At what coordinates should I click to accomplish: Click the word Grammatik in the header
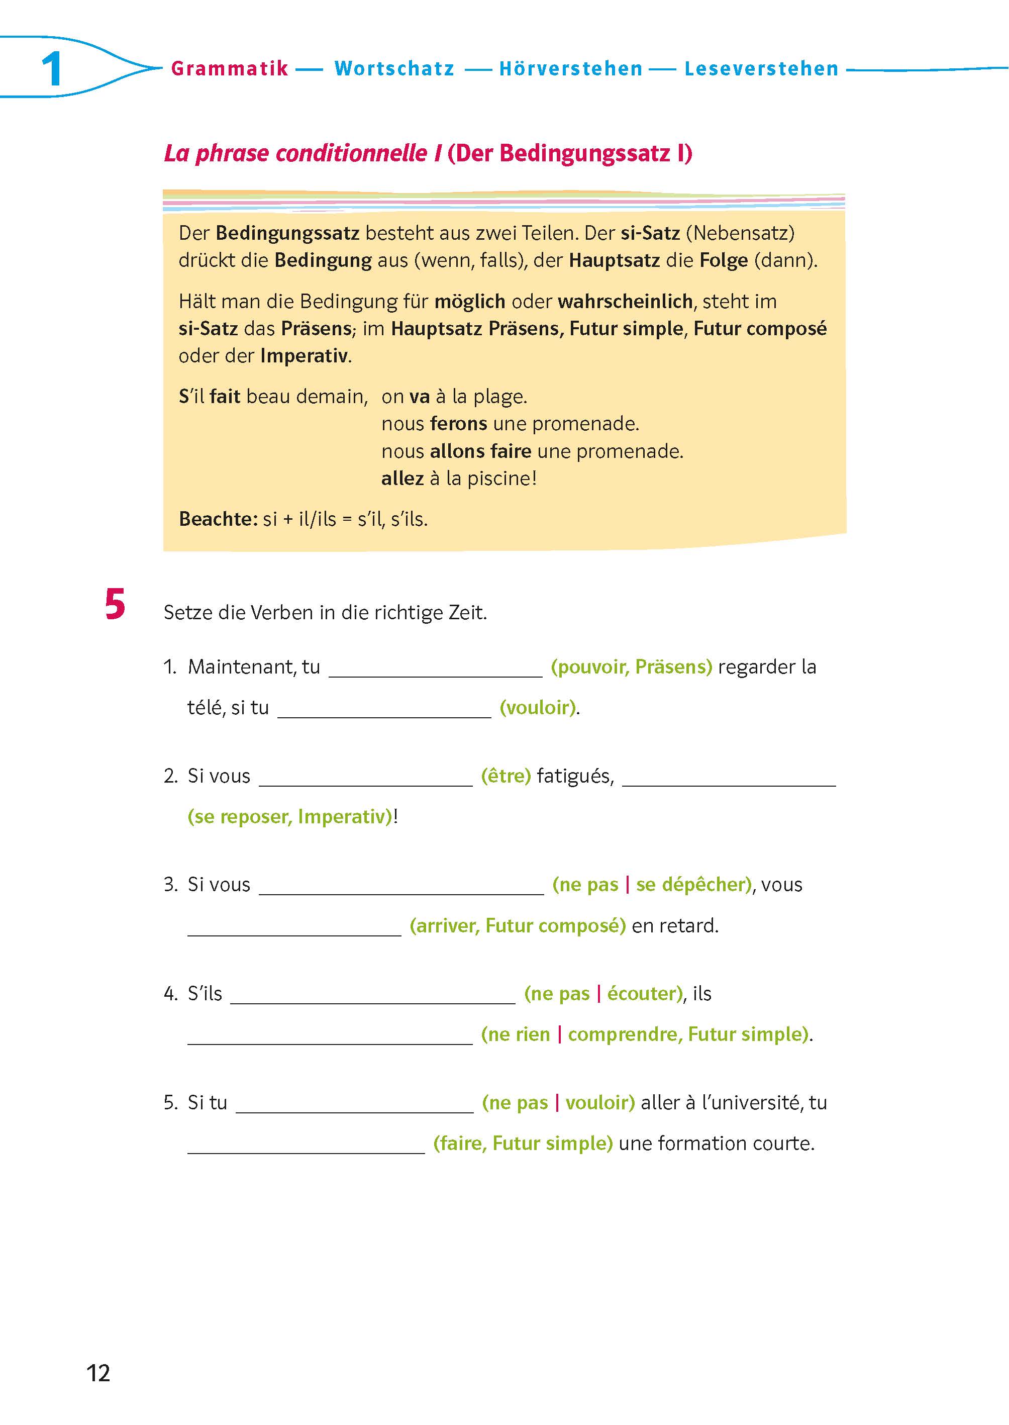click(x=229, y=68)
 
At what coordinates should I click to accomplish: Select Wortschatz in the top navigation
click(x=394, y=68)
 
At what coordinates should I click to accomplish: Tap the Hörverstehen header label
click(x=570, y=68)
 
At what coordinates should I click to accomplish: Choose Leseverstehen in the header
click(x=761, y=68)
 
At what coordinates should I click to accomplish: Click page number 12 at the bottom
click(x=98, y=1373)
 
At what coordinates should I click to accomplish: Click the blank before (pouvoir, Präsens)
click(x=435, y=669)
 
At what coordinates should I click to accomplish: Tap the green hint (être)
click(x=506, y=776)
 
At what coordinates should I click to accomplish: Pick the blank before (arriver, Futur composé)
click(x=294, y=926)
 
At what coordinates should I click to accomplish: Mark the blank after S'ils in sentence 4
click(x=373, y=994)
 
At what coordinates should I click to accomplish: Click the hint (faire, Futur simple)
click(x=523, y=1143)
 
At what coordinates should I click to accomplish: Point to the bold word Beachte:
click(x=218, y=518)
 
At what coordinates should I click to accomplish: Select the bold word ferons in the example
click(x=459, y=423)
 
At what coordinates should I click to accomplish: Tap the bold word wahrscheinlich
click(x=625, y=302)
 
